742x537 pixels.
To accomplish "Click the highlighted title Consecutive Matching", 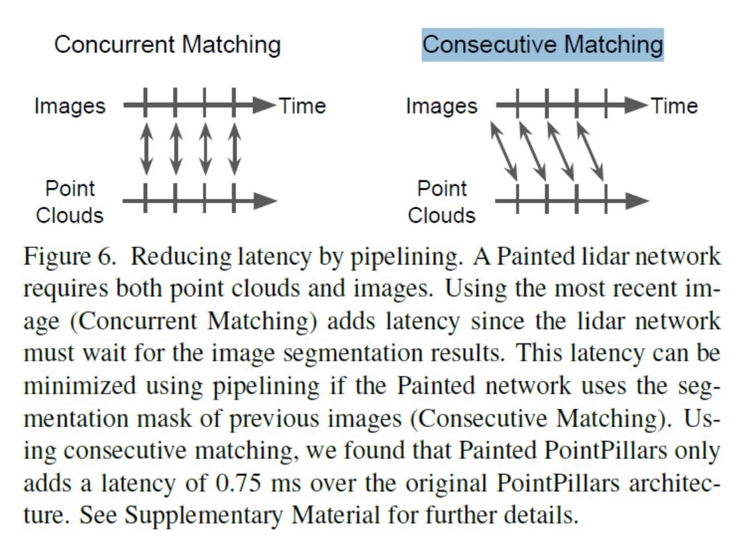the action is pyautogui.click(x=543, y=45).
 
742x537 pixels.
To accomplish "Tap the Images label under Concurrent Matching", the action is pyautogui.click(x=70, y=107).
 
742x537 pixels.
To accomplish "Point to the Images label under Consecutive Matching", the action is pyautogui.click(x=442, y=107).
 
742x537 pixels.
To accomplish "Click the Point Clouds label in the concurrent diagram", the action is pyautogui.click(x=70, y=202).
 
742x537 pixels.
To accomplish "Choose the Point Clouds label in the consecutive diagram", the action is pyautogui.click(x=442, y=202).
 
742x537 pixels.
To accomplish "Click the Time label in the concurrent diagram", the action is pyautogui.click(x=302, y=106).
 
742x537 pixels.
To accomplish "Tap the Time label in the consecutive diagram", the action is pyautogui.click(x=674, y=106).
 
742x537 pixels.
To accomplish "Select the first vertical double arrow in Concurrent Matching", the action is pyautogui.click(x=146, y=149).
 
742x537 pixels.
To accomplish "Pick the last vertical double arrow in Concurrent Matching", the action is pyautogui.click(x=235, y=149).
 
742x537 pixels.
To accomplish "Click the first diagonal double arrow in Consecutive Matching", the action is pyautogui.click(x=503, y=152).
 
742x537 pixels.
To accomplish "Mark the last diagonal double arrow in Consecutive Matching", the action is pyautogui.click(x=590, y=152).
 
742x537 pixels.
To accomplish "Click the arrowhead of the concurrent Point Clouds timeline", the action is pyautogui.click(x=266, y=200).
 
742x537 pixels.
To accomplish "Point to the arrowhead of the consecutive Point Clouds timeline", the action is pyautogui.click(x=637, y=200).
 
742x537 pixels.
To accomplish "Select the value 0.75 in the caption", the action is pyautogui.click(x=238, y=483).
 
